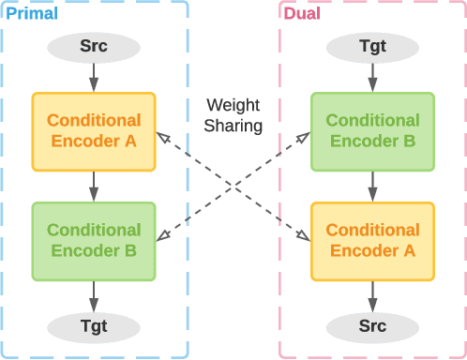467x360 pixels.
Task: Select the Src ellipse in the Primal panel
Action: click(94, 47)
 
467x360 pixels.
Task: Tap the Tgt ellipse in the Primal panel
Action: click(94, 326)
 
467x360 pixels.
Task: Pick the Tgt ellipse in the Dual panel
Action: click(372, 47)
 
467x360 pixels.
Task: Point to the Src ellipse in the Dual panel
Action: click(372, 326)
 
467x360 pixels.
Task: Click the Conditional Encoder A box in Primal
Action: click(94, 131)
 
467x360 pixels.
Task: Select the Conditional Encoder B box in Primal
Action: click(94, 241)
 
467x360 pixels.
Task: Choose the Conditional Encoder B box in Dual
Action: click(372, 131)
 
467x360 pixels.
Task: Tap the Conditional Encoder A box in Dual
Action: click(372, 241)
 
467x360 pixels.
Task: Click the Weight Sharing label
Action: click(233, 115)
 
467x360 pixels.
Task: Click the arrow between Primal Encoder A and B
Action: click(94, 187)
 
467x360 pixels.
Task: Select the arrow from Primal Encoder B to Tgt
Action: click(94, 296)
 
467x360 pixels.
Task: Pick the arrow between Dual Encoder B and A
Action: click(372, 187)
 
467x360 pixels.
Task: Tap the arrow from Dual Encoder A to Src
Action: click(372, 296)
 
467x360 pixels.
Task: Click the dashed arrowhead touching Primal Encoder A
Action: click(161, 137)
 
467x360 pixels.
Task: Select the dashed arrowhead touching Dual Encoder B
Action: click(305, 137)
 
